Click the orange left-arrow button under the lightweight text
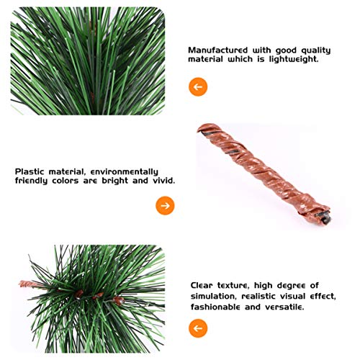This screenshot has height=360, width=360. click(198, 87)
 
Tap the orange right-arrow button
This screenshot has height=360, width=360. click(165, 206)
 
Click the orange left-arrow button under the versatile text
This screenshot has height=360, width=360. click(198, 328)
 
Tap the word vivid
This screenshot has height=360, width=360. click(161, 181)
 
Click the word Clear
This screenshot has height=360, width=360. click(204, 285)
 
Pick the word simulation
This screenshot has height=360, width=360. click(220, 296)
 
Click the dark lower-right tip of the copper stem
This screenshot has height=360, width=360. click(326, 213)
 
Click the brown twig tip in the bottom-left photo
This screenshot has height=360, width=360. click(24, 284)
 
